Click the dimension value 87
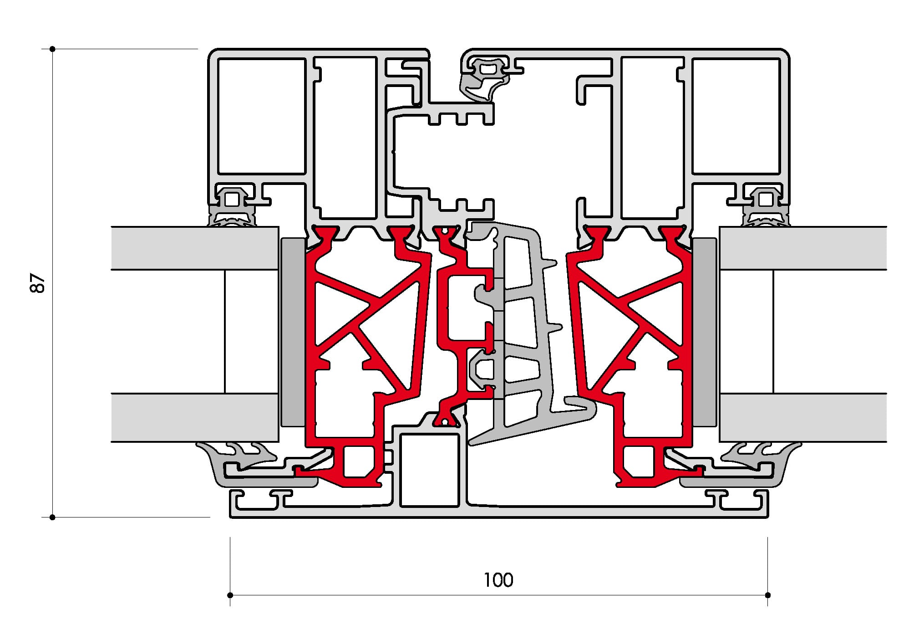tap(39, 283)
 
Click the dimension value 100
tap(498, 580)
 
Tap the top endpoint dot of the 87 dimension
tap(53, 49)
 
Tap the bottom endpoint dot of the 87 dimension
tap(53, 517)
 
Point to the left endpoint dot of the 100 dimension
tap(230, 595)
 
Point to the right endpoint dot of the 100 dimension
tap(768, 595)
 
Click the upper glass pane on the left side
tap(195, 248)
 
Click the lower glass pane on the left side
tap(195, 417)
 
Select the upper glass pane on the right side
tap(803, 248)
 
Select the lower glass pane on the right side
tap(803, 417)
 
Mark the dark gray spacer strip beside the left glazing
tap(293, 332)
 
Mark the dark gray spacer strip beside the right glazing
tap(704, 332)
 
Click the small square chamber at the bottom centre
tap(429, 470)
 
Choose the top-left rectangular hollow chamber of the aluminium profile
tap(262, 116)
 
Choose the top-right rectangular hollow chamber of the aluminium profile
tap(736, 116)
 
